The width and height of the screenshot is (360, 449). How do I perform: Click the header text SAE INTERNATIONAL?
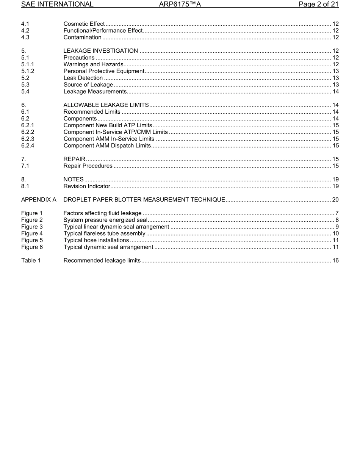(x=57, y=5)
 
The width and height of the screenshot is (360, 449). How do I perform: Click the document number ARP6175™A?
(x=180, y=5)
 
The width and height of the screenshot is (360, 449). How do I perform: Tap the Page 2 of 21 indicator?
(x=318, y=5)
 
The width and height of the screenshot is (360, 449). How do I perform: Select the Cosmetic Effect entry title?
(x=84, y=24)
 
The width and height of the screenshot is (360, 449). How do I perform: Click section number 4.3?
(x=25, y=38)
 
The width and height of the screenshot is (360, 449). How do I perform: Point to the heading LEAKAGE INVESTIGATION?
(x=100, y=51)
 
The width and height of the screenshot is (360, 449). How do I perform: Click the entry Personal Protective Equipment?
(x=104, y=71)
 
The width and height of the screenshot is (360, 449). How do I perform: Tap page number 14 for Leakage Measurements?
(x=335, y=92)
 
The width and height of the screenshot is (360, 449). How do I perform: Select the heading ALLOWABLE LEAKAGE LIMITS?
(x=106, y=105)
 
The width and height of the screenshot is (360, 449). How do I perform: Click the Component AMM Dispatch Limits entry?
(x=107, y=146)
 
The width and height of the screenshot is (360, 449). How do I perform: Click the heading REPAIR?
(x=74, y=159)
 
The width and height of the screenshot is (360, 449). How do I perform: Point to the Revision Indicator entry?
(x=87, y=186)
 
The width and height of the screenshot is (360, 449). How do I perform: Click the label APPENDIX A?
(x=39, y=200)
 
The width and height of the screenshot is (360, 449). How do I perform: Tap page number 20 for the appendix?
(x=335, y=200)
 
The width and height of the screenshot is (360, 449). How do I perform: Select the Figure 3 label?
(x=32, y=227)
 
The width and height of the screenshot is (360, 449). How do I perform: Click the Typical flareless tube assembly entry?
(x=104, y=234)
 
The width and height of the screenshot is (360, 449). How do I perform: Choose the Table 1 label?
(x=31, y=261)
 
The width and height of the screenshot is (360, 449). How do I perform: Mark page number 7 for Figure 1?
(x=337, y=213)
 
